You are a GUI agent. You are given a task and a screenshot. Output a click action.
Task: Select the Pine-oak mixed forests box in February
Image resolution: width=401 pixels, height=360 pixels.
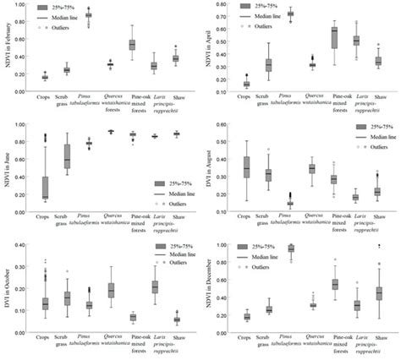pyautogui.click(x=132, y=45)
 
